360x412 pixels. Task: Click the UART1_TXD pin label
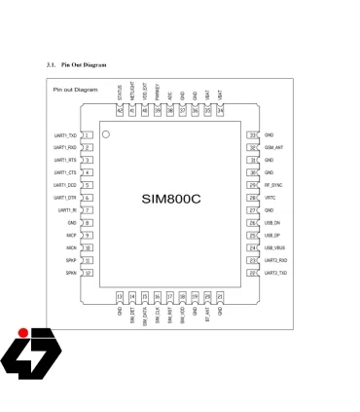click(65, 135)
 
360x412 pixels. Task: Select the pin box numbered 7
click(88, 210)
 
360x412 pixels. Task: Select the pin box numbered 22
click(253, 273)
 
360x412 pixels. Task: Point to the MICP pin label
click(72, 235)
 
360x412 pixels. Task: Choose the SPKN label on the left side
click(72, 273)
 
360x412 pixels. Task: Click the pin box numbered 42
click(120, 111)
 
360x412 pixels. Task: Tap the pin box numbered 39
click(158, 111)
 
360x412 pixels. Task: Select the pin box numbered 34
click(220, 111)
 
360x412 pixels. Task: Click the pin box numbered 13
click(120, 295)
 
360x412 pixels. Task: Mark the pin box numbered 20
click(207, 295)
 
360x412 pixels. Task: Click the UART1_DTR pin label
click(65, 198)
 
